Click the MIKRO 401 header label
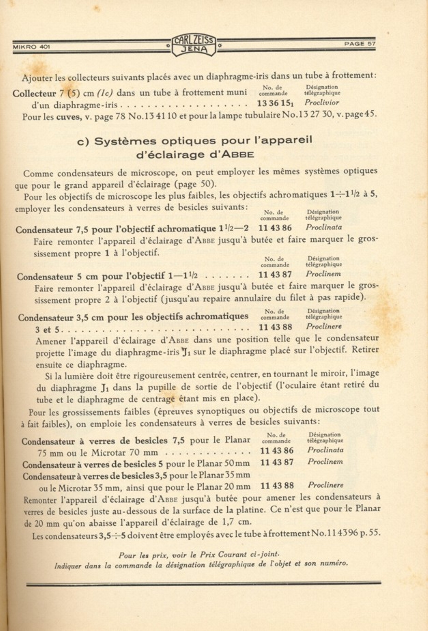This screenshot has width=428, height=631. tap(31, 47)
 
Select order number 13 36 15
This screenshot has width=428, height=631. tap(275, 103)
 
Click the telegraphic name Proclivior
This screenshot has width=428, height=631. tap(322, 102)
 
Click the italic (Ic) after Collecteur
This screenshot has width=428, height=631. tap(105, 93)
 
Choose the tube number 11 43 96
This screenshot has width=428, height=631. tap(339, 533)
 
